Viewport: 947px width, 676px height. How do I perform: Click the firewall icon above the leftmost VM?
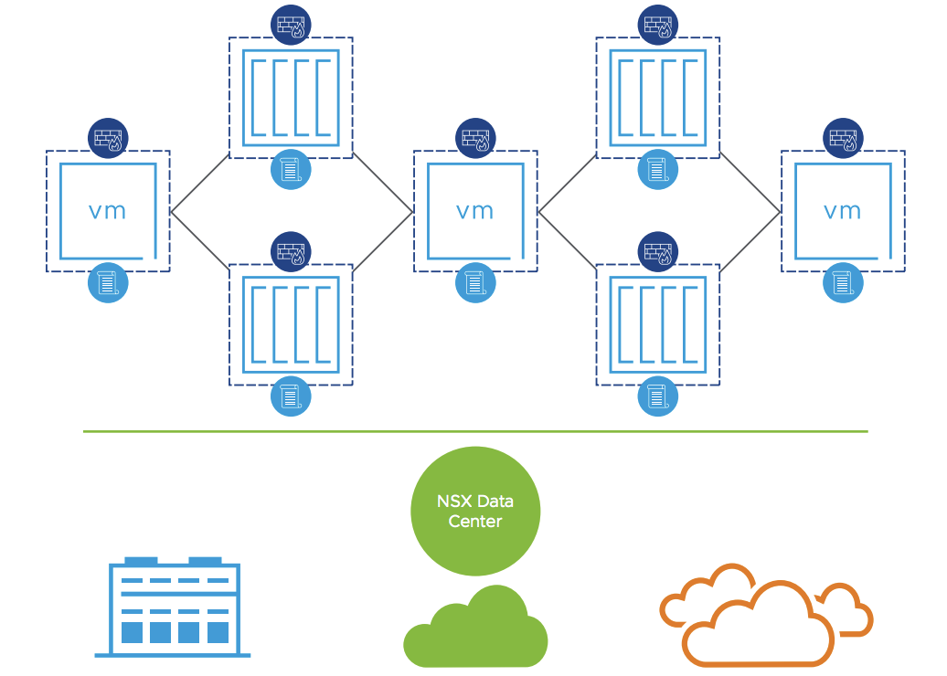108,138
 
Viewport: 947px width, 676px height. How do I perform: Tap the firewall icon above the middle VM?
475,138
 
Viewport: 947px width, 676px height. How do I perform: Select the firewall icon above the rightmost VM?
843,138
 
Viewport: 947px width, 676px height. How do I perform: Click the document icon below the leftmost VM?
108,282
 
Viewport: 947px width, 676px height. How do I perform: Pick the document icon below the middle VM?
475,282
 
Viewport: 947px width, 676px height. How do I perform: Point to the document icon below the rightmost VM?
843,282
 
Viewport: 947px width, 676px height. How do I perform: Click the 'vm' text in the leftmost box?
108,211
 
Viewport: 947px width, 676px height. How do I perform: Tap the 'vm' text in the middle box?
474,211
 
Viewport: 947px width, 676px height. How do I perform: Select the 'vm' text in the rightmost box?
843,211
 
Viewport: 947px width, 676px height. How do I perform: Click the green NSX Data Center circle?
475,511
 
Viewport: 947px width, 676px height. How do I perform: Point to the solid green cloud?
475,628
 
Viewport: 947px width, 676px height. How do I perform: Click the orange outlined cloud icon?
766,616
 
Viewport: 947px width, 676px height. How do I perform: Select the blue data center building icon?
174,607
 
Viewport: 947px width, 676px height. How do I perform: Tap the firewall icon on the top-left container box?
291,26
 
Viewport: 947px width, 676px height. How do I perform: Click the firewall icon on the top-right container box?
658,26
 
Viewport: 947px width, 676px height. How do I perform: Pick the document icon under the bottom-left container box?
291,396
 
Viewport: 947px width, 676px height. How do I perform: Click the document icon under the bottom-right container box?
658,396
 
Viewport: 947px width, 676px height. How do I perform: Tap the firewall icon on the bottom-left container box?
291,252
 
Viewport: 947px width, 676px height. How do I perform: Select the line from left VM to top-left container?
200,184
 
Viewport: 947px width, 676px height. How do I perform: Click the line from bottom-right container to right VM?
750,241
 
